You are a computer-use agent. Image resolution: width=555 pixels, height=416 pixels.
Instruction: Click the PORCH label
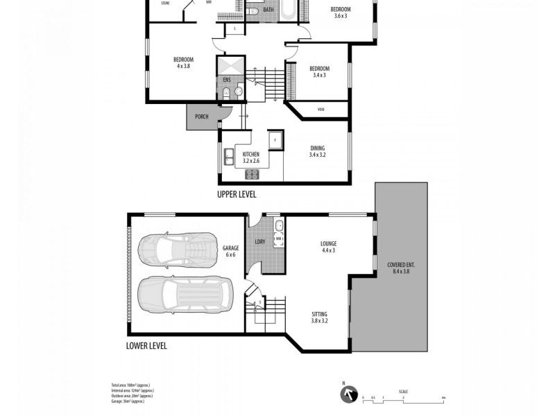[202, 116]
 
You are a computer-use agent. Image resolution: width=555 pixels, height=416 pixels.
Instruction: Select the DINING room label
[317, 151]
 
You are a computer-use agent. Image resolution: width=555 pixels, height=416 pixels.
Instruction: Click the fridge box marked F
[275, 139]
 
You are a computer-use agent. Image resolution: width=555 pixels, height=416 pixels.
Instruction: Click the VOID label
[321, 110]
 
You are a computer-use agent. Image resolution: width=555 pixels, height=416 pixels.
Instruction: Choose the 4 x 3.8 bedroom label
[183, 62]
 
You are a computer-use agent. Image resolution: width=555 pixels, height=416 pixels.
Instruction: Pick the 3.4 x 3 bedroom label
[319, 71]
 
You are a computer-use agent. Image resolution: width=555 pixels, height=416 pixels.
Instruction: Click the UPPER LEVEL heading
[238, 195]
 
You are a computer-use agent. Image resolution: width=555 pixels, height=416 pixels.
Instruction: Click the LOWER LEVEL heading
[146, 345]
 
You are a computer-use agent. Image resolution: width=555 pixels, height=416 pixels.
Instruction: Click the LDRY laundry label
[260, 241]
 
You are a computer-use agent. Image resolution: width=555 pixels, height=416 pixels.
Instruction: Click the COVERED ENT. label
[402, 268]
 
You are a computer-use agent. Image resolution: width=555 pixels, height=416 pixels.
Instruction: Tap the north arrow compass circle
[346, 395]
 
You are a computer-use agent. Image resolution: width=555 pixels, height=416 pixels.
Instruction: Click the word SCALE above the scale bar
[403, 390]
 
